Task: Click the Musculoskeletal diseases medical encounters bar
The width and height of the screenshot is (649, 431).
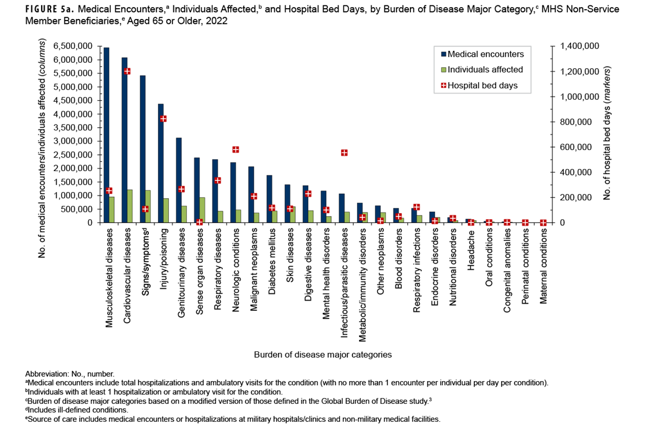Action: tap(107, 135)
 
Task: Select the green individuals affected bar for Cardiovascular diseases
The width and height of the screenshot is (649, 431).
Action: tap(130, 206)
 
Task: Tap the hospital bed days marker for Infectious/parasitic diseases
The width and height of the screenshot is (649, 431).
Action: tap(344, 153)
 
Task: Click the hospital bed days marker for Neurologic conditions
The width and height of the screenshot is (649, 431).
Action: tap(235, 149)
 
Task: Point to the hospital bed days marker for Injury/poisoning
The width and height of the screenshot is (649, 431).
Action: tap(163, 119)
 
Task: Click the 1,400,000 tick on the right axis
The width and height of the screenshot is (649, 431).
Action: tap(580, 47)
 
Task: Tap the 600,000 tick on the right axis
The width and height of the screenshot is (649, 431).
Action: tap(575, 147)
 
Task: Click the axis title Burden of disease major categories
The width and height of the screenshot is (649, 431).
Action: tap(323, 355)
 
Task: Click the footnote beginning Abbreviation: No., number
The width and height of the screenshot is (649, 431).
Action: tap(70, 374)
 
